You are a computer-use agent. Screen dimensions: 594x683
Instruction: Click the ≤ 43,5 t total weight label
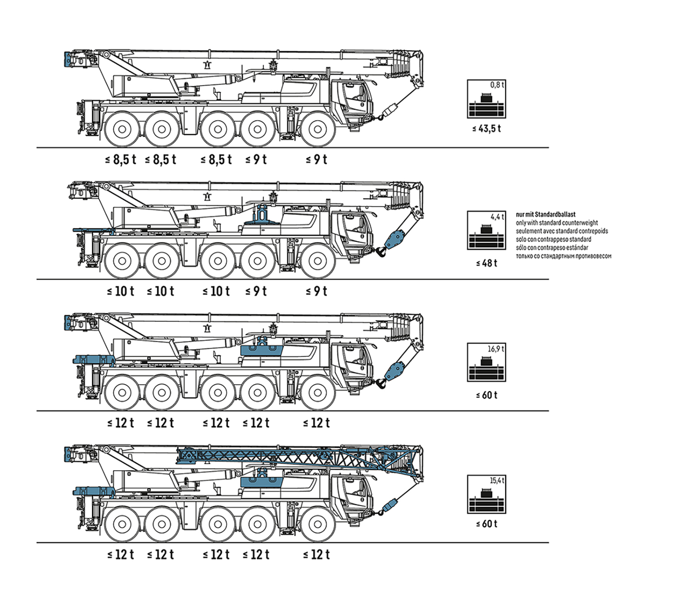click(x=487, y=129)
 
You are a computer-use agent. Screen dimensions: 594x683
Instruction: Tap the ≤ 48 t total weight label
click(x=487, y=263)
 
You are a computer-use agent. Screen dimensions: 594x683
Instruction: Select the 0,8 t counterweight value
click(x=497, y=85)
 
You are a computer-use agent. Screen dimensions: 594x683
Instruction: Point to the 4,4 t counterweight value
click(x=497, y=217)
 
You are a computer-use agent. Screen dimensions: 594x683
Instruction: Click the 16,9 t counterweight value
click(x=496, y=349)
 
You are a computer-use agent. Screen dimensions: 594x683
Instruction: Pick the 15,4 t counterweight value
click(x=497, y=481)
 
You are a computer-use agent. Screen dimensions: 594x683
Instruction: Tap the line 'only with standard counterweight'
click(x=557, y=223)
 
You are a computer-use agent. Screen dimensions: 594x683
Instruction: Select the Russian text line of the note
click(x=563, y=256)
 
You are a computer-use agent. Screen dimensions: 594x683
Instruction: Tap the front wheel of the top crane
click(x=317, y=129)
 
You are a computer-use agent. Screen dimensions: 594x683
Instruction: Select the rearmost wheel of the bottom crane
click(x=122, y=524)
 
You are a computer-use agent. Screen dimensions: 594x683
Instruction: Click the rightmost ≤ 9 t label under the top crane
click(x=316, y=160)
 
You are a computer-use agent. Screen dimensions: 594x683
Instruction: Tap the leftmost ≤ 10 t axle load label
click(x=121, y=291)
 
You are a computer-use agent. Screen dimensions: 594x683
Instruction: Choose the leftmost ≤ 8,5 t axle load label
click(x=121, y=160)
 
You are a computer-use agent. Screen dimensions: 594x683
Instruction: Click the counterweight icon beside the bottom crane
click(x=487, y=494)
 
